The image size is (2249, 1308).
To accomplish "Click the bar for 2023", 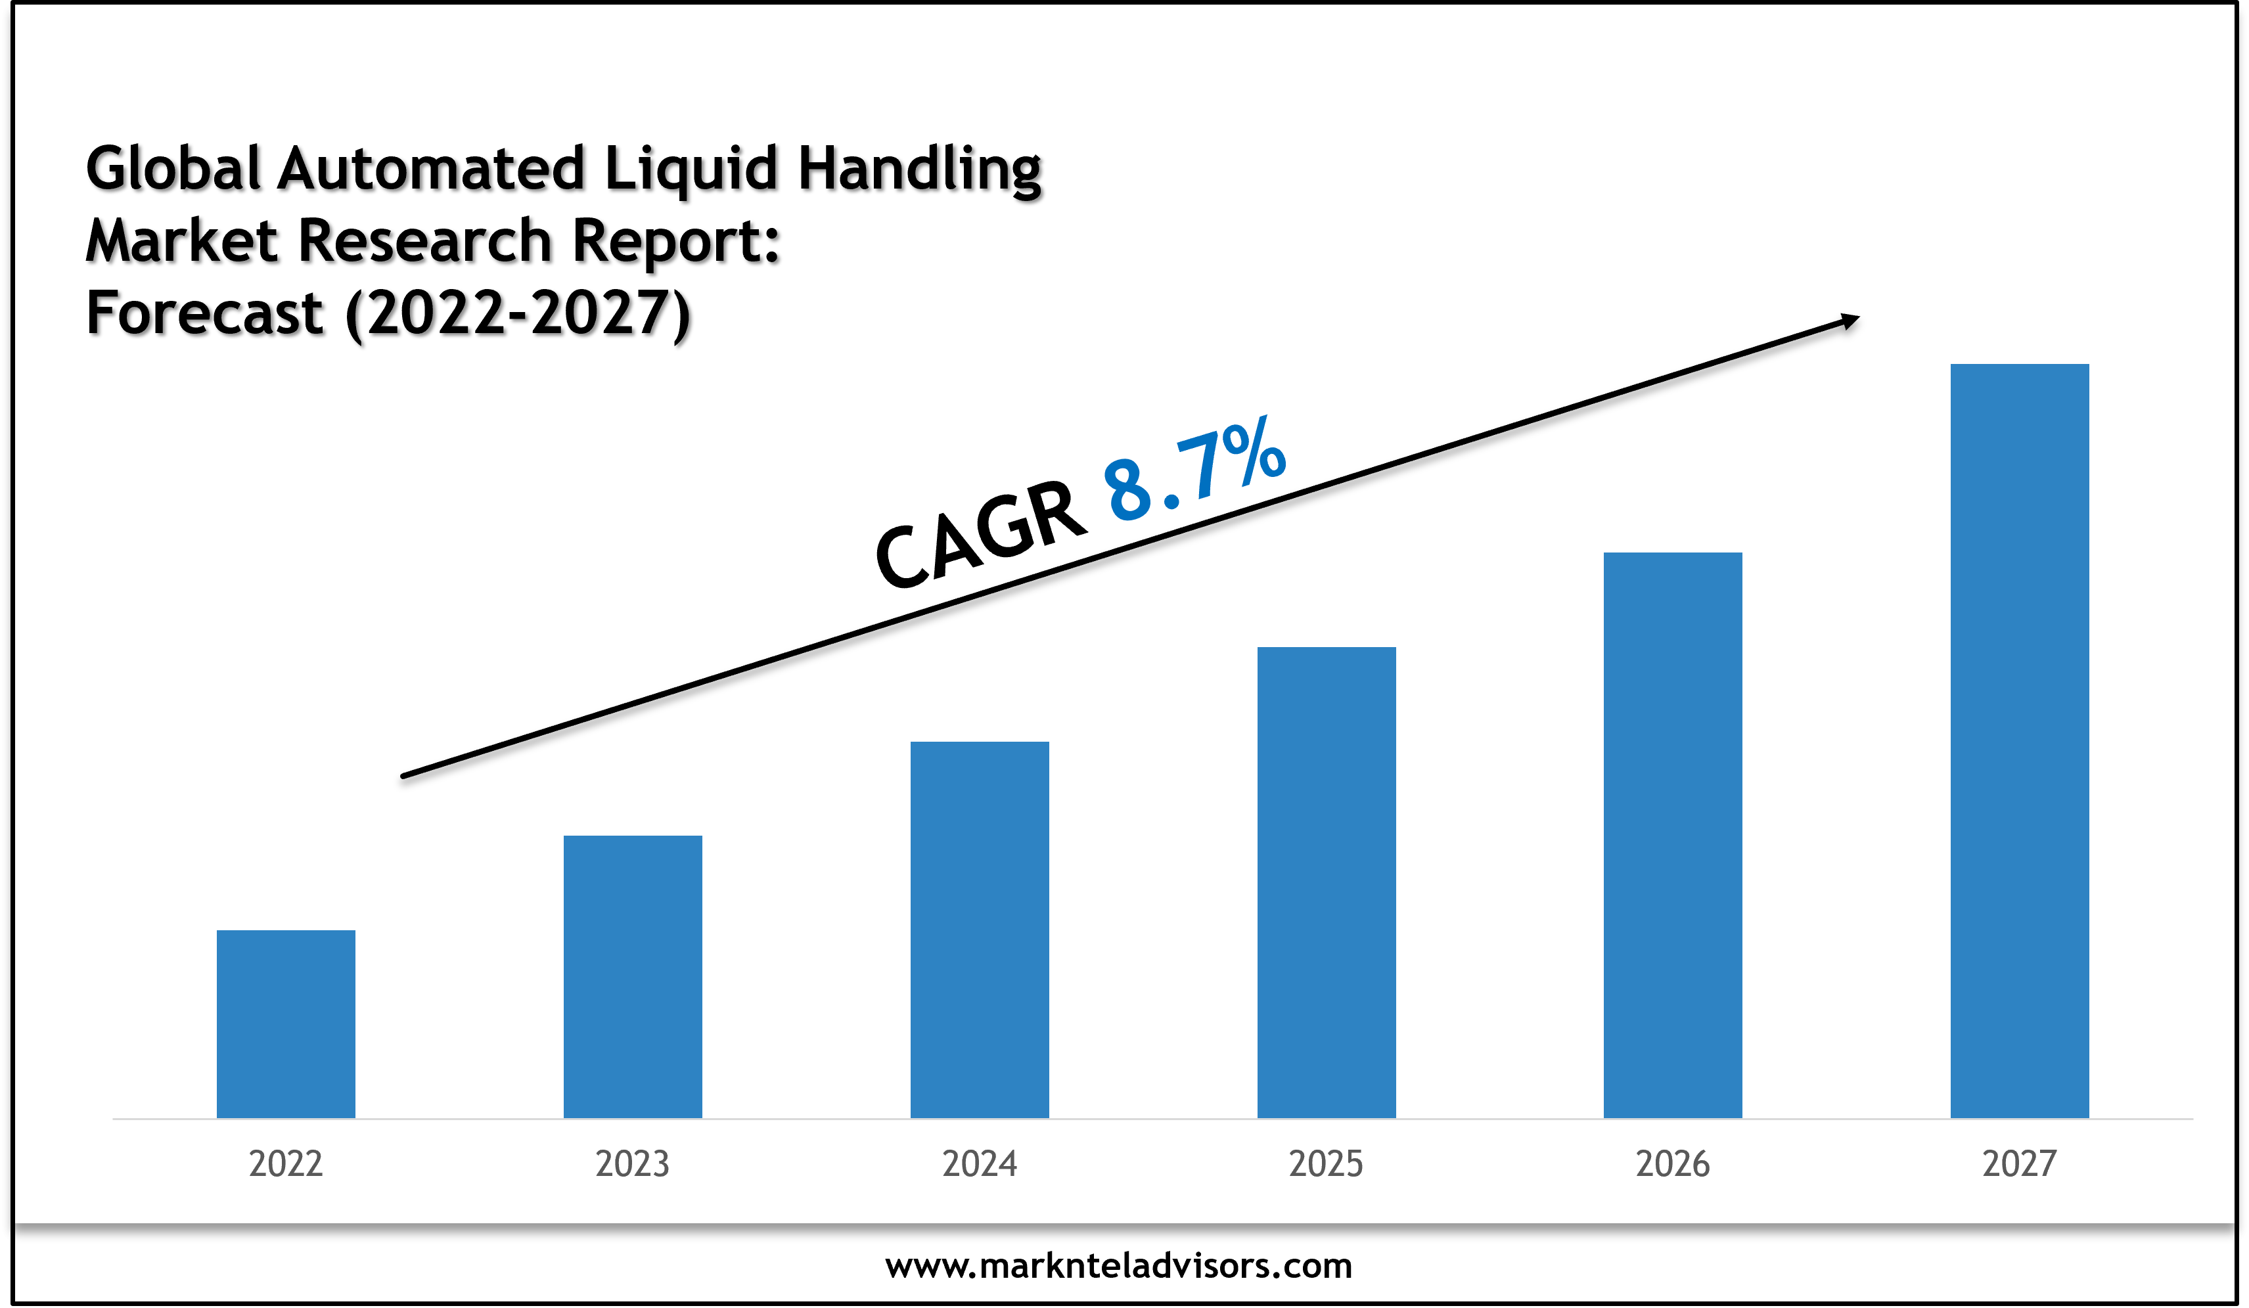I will [633, 976].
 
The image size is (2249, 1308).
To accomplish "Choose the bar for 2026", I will [1673, 834].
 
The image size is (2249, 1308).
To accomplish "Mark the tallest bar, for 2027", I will [2020, 740].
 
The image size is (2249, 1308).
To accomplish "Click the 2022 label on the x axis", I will [286, 1163].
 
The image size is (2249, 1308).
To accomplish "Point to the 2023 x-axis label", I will [633, 1163].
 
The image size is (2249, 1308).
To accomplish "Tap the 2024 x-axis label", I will [979, 1163].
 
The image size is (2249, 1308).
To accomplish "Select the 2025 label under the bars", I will [1326, 1163].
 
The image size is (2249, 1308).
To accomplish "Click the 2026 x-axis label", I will [1673, 1163].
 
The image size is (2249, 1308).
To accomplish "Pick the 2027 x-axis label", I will [2020, 1163].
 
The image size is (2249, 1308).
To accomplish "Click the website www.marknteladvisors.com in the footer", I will [1118, 1265].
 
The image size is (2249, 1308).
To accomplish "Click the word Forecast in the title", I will [204, 314].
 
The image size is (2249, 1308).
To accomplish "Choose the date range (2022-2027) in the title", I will [518, 314].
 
